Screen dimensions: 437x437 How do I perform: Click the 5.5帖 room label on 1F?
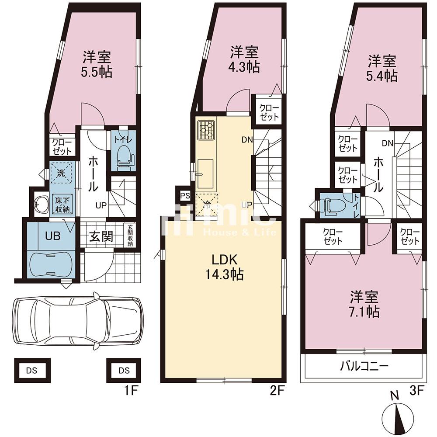coord(97,64)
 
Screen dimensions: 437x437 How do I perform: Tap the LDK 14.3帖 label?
coord(225,267)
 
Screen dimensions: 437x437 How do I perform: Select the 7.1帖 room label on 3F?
coord(364,305)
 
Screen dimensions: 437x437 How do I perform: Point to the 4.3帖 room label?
coord(244,59)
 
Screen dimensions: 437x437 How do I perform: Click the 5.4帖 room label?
coord(382,69)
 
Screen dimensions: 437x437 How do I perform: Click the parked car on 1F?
coord(78,320)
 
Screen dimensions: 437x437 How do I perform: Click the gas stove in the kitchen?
coord(206,130)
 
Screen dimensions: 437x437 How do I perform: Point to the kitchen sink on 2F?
coord(205,173)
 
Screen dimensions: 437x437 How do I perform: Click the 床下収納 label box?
coord(62,205)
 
